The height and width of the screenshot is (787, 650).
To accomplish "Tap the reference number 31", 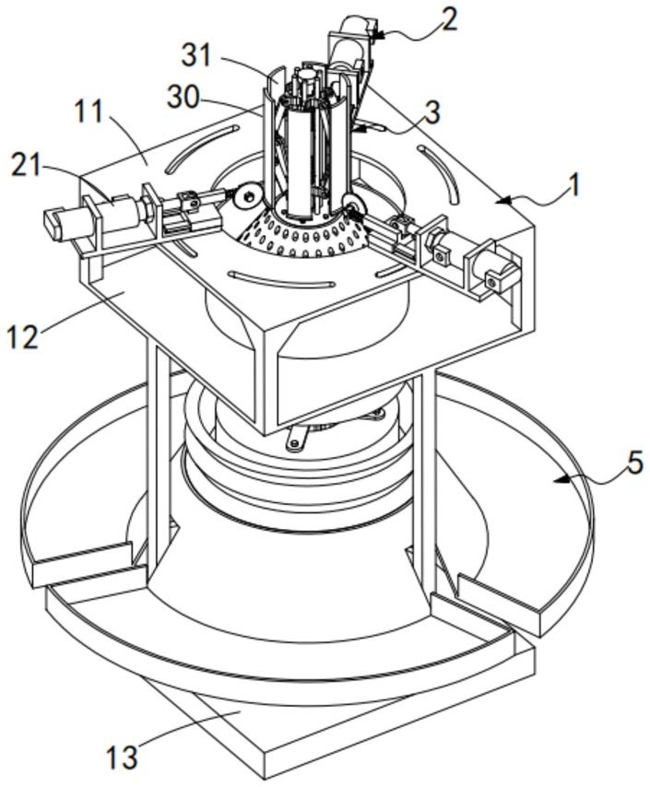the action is tap(197, 55).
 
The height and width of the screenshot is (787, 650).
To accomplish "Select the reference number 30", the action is tap(183, 97).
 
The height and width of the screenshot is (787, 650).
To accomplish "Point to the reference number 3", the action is tap(431, 112).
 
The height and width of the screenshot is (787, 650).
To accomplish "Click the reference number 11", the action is tap(89, 112).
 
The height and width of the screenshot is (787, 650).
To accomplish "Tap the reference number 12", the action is tap(23, 336).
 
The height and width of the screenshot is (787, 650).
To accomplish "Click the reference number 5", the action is tap(634, 463).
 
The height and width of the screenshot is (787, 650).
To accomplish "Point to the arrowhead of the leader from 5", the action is tap(560, 480).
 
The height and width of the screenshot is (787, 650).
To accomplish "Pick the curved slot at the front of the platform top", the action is tap(281, 280).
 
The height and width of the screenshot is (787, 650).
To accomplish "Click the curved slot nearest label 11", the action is tap(200, 148).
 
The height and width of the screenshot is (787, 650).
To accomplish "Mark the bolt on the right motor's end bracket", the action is tap(492, 283).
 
